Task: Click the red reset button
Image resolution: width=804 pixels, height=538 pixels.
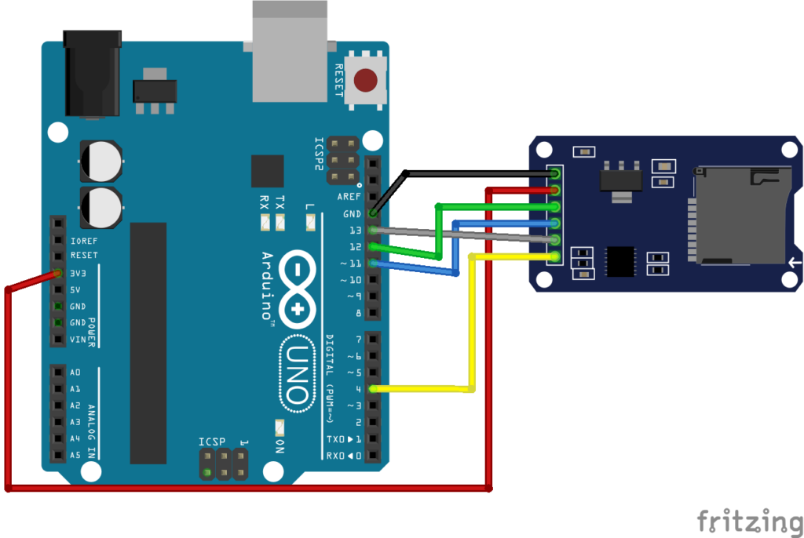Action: (365, 80)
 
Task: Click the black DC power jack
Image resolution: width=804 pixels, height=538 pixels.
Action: (93, 74)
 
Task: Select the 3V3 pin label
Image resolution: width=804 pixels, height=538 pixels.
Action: (79, 273)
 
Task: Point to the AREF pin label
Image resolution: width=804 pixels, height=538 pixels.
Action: (349, 197)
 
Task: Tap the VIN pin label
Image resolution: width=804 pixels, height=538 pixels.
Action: (78, 340)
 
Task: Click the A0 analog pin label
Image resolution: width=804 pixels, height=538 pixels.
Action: (75, 373)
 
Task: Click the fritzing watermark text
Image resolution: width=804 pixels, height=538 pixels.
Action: (749, 520)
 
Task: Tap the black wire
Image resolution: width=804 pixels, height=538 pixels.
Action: (471, 172)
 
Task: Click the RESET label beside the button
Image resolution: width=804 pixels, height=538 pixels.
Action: (339, 79)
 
